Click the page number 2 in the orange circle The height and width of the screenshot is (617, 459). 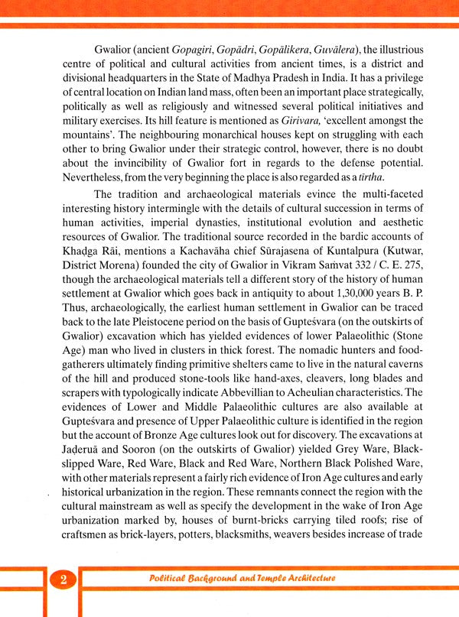63,580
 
